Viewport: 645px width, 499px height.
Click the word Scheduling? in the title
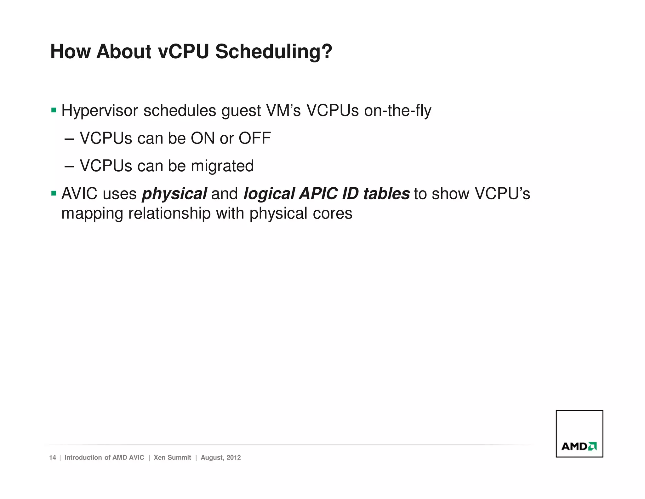(273, 51)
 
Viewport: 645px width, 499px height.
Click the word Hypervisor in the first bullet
(100, 111)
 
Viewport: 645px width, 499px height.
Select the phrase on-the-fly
(397, 111)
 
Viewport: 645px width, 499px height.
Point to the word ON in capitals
(203, 138)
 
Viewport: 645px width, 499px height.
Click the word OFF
(254, 138)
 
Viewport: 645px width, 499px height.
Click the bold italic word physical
(174, 194)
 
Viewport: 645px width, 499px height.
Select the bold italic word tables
(386, 194)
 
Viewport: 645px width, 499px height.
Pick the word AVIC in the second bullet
(79, 194)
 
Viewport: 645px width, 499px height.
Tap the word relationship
(169, 214)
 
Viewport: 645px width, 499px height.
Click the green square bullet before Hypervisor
(54, 110)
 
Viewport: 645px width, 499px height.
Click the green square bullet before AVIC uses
(54, 193)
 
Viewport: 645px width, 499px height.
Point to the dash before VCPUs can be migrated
(69, 166)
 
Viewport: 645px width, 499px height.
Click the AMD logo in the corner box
(579, 446)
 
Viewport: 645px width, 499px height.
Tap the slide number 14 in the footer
(52, 457)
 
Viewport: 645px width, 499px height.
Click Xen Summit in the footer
(172, 457)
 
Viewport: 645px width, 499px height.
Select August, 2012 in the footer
(221, 457)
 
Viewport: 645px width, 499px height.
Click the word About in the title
(124, 51)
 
